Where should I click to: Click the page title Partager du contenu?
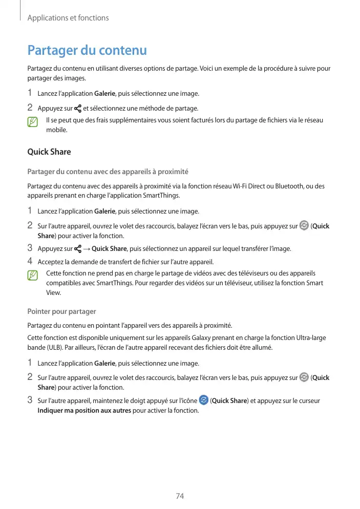point(87,51)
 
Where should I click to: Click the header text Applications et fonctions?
point(68,18)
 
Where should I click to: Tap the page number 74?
point(180,496)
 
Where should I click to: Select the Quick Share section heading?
point(49,152)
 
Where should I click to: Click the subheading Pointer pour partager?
point(61,311)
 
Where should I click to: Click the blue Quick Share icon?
point(203,400)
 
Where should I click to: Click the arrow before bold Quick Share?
point(87,249)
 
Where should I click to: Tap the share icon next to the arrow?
point(78,249)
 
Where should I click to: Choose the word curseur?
point(309,400)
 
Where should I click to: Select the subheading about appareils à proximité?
point(108,172)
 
